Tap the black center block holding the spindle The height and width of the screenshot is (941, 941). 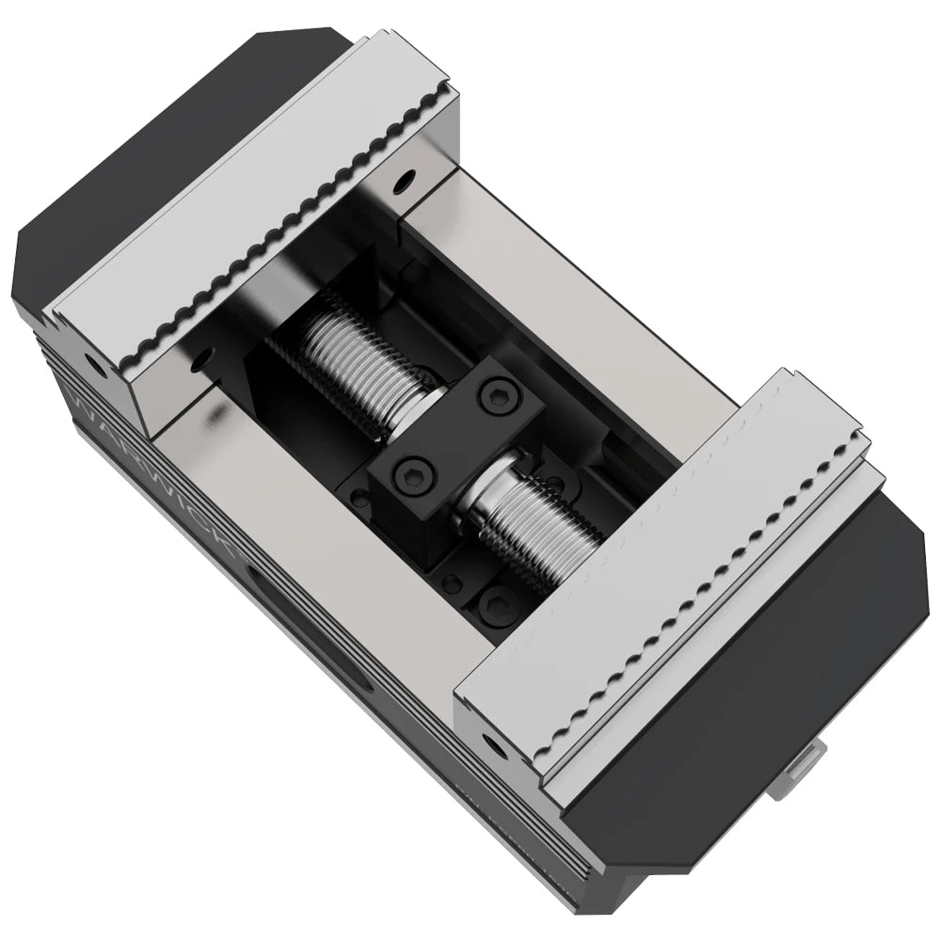coord(452,433)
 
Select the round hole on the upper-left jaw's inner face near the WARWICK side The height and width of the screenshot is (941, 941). coord(199,359)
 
